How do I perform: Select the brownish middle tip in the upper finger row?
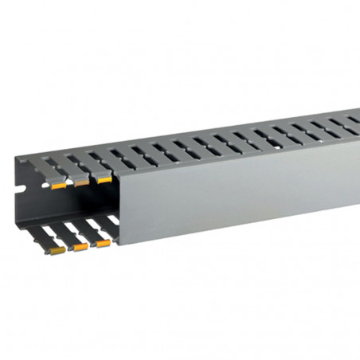(81, 183)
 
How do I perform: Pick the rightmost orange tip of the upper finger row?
(104, 180)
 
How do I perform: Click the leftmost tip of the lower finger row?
(57, 250)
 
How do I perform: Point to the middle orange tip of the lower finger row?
(80, 246)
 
